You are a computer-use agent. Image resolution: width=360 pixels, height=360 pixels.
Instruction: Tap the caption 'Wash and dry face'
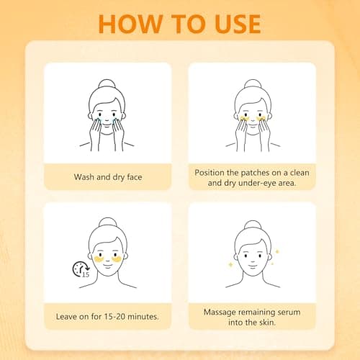click(x=107, y=176)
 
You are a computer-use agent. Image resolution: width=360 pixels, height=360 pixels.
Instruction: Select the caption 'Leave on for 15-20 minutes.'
click(x=107, y=315)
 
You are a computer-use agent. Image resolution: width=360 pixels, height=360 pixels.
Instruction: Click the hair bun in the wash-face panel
click(x=107, y=84)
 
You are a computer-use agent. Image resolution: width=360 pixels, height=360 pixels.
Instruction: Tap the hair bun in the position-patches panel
click(x=253, y=84)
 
